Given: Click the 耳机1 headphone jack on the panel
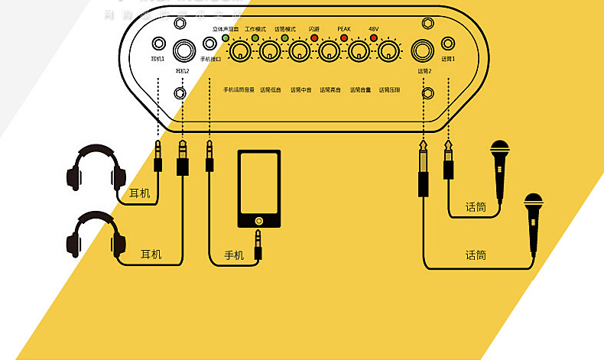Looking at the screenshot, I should pos(159,44).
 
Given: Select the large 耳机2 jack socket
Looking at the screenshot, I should pos(183,50).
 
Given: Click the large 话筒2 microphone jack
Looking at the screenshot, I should pos(422,51).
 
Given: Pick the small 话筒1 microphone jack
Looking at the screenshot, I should pos(447,44).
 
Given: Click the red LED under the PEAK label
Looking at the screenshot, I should pos(344,37).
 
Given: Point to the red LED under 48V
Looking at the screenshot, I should pos(374,37).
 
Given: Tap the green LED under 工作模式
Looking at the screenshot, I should pos(255,37).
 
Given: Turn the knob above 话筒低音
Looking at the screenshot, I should pos(269,52).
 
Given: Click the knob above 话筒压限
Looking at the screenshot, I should pos(389,52).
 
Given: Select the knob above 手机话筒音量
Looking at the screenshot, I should pos(240,52).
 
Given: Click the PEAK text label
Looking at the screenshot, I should pos(344,28).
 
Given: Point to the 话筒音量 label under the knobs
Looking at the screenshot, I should pos(360,89).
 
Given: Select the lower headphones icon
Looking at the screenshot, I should pos(96,235).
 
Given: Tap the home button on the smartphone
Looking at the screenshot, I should pos(259,219).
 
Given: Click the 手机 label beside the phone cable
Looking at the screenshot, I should pos(234,255).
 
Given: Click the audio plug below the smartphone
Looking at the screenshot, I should pos(258,244).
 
